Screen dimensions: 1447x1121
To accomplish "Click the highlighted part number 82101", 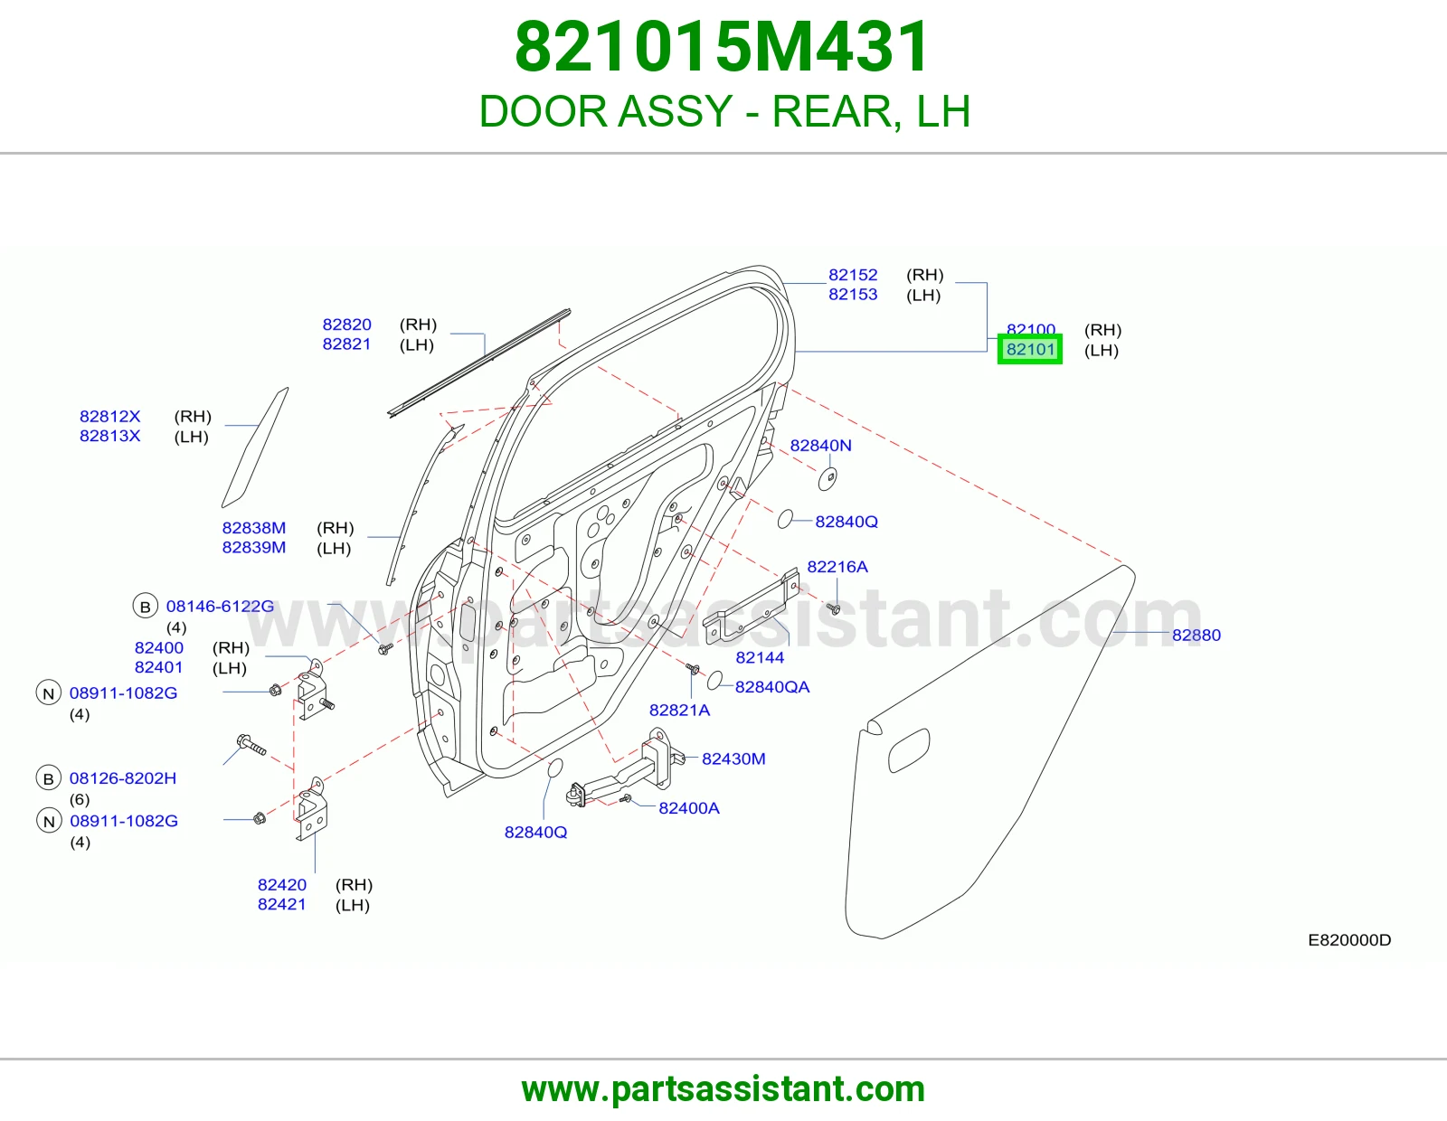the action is (1030, 350).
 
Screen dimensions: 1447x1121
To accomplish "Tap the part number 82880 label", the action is (1196, 635).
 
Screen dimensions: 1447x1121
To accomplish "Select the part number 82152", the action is (853, 275).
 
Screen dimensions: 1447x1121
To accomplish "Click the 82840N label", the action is (820, 446).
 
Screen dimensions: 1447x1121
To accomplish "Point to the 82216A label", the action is (837, 567).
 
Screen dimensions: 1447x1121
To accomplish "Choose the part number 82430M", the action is (733, 758).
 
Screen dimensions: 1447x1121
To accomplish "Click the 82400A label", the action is (689, 808).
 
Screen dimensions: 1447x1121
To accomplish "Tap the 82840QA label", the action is (772, 687).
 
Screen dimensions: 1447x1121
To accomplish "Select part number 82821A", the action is (680, 711).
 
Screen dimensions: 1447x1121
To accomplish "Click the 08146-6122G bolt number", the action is (220, 607).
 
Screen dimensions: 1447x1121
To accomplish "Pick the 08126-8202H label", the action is (123, 778).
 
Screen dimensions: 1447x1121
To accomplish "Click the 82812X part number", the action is (109, 416).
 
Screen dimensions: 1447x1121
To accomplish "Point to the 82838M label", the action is (254, 528).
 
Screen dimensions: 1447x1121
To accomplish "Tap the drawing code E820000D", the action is (1349, 940).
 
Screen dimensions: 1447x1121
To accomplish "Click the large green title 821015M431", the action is (723, 47).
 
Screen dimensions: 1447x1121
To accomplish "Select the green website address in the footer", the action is (723, 1089).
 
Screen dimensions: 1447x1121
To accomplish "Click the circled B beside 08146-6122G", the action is (146, 607).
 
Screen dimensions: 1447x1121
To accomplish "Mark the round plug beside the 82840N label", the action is (827, 478).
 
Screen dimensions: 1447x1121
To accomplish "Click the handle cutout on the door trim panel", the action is (909, 750).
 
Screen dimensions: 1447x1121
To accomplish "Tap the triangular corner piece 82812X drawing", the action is (255, 447).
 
